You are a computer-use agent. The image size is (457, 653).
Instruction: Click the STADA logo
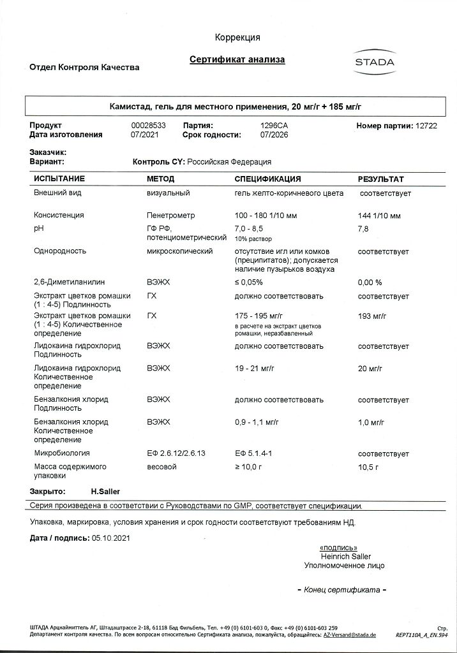click(x=374, y=62)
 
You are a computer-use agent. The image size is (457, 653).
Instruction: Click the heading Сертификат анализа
click(x=237, y=60)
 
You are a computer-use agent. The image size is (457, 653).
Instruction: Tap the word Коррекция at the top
click(x=237, y=38)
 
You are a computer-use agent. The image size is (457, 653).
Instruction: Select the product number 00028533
click(x=148, y=126)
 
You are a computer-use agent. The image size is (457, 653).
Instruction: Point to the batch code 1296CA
click(x=274, y=126)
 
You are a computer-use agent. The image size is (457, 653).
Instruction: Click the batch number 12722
click(x=426, y=126)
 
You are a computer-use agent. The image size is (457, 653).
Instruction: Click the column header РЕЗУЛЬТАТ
click(x=380, y=179)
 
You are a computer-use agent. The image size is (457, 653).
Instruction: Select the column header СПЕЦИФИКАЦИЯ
click(x=267, y=179)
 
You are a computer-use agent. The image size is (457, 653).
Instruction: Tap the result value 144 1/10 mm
click(x=380, y=216)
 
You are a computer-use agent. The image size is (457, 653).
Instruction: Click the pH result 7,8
click(x=363, y=228)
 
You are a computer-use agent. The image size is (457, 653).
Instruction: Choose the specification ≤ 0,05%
click(x=249, y=281)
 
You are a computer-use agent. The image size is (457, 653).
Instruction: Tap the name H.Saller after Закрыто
click(x=105, y=492)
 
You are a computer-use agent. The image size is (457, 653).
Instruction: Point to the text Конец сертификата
click(x=341, y=590)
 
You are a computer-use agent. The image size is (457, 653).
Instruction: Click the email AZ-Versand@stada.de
click(x=349, y=635)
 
